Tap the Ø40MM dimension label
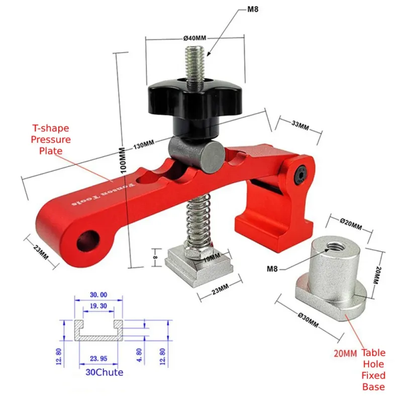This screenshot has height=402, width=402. tap(195, 38)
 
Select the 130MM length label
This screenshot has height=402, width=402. tap(144, 145)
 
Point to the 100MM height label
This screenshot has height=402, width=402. tap(123, 160)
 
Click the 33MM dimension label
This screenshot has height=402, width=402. tap(300, 125)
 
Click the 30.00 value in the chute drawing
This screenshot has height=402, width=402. tap(98, 294)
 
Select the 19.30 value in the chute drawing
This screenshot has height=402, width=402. tap(98, 306)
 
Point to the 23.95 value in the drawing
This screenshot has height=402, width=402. tap(98, 358)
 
